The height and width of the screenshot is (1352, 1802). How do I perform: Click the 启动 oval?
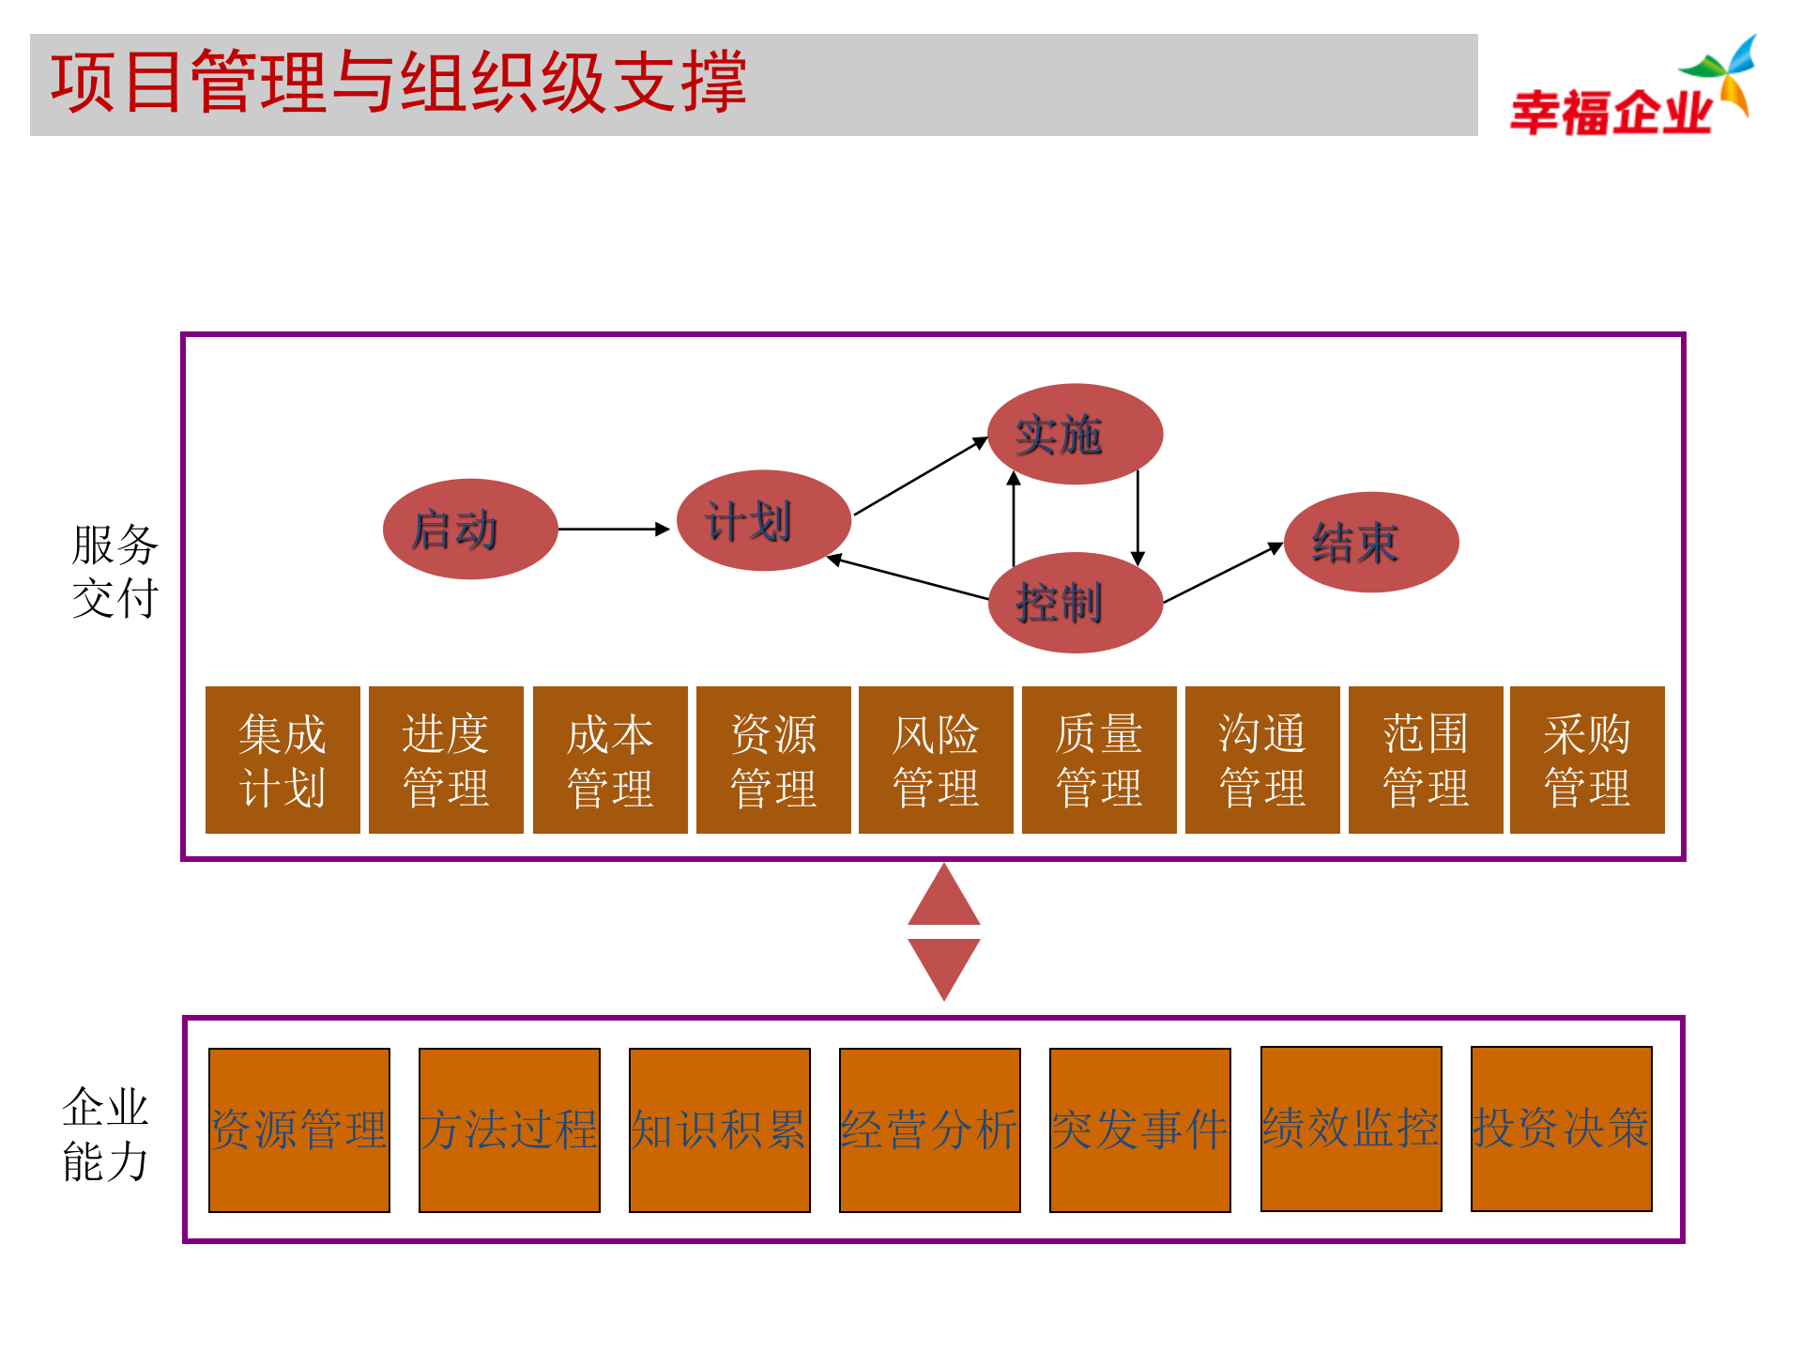click(x=470, y=530)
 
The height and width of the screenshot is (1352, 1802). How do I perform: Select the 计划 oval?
click(x=764, y=521)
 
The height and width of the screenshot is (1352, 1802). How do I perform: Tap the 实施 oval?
click(x=1076, y=434)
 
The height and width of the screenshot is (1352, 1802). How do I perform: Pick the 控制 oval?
click(x=1076, y=603)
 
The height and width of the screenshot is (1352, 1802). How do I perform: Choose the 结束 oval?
click(x=1371, y=543)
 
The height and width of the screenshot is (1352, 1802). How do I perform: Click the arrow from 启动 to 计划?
click(x=615, y=530)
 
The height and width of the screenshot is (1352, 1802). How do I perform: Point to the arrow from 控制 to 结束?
click(x=1223, y=573)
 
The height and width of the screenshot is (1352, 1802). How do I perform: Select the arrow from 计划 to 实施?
click(x=920, y=477)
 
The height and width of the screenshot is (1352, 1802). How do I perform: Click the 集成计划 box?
click(x=283, y=760)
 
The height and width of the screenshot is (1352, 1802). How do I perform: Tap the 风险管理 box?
click(x=936, y=760)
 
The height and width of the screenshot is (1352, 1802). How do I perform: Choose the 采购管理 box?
click(x=1587, y=760)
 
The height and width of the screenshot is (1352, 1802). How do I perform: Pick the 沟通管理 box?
click(x=1262, y=760)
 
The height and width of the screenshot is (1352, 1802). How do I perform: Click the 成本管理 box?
click(x=610, y=760)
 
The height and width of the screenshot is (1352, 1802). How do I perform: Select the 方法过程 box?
click(x=509, y=1129)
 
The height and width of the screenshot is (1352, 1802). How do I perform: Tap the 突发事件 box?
click(x=1139, y=1129)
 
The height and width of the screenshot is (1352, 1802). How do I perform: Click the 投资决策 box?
click(x=1561, y=1129)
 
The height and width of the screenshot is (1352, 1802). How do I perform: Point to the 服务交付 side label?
click(x=115, y=571)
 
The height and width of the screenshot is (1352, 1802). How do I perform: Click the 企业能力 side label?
click(x=105, y=1133)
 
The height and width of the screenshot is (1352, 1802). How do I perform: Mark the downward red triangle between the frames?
click(x=944, y=965)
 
